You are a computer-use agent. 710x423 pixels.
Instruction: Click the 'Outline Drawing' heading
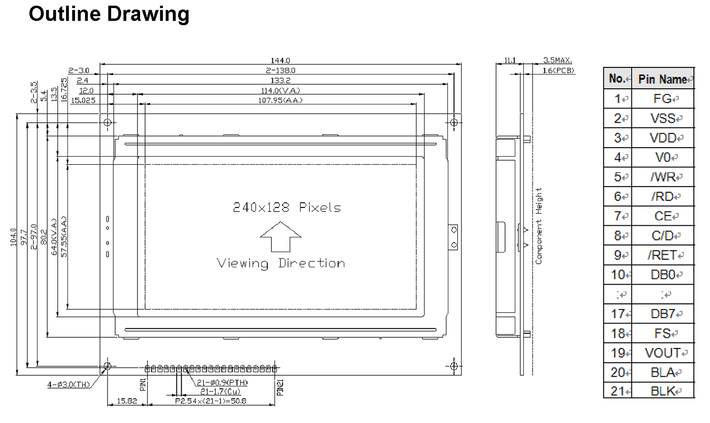[109, 15]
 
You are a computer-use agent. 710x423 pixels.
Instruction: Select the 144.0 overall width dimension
[280, 60]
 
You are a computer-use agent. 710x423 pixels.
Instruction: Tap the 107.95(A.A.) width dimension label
[280, 100]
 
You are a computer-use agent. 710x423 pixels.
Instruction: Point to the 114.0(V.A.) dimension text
[280, 91]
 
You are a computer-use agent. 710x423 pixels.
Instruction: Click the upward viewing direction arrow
[280, 236]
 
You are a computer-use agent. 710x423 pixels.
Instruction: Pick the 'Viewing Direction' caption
[281, 264]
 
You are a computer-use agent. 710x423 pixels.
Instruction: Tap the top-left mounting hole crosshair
[108, 122]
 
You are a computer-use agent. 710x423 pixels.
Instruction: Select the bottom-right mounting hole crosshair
[454, 366]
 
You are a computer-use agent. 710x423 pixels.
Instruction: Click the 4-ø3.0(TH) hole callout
[68, 384]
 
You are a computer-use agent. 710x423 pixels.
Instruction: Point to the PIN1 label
[143, 384]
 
